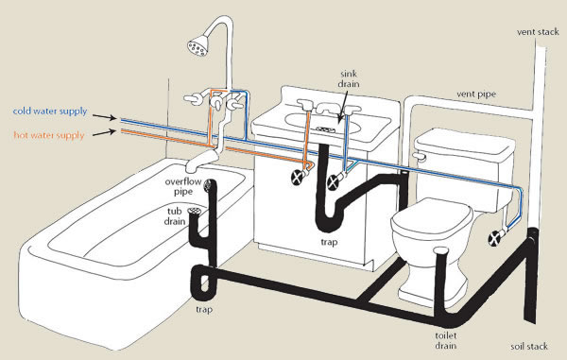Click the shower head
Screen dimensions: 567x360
point(198,46)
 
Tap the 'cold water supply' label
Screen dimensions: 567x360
point(50,111)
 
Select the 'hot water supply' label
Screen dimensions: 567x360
point(49,135)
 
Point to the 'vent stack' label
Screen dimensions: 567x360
point(538,32)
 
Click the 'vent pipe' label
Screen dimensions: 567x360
point(476,94)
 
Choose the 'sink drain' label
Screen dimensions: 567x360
point(349,78)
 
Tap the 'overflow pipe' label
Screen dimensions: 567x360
point(183,186)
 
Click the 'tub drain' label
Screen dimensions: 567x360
point(175,216)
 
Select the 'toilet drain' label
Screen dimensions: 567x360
point(445,341)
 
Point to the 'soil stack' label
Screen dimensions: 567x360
point(529,346)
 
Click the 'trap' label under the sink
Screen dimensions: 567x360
point(329,242)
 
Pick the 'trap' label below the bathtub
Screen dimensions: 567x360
point(204,309)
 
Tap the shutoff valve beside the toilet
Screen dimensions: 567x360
point(494,238)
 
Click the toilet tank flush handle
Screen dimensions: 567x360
point(419,156)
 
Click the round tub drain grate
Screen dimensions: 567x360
point(194,211)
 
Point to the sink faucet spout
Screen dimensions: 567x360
point(327,108)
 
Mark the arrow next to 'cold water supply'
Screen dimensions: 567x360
point(105,116)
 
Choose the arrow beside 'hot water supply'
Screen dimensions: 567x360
point(105,132)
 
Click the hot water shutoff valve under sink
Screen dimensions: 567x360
point(298,177)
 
